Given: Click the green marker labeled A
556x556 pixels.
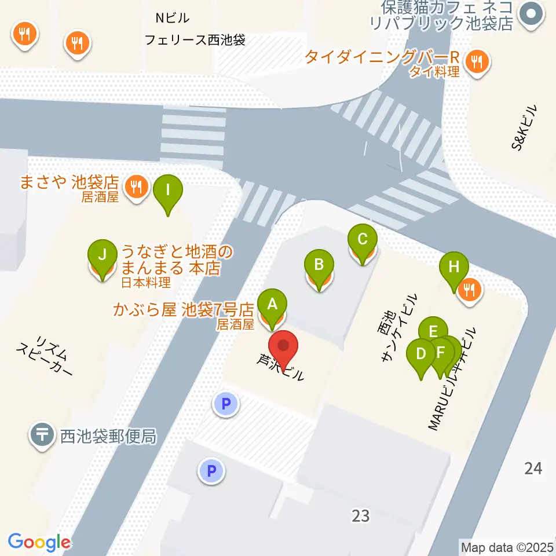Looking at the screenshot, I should tap(272, 303).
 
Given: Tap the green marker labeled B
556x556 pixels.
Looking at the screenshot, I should tap(319, 265).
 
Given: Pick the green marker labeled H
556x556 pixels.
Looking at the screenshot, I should tap(454, 268).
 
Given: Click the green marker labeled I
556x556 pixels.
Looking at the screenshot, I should tap(168, 190).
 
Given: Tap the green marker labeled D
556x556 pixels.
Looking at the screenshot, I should tap(422, 353).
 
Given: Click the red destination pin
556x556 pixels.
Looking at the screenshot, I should tap(284, 348).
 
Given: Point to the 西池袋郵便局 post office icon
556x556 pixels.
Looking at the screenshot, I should tap(42, 436).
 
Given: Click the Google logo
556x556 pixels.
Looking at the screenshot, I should tap(39, 542).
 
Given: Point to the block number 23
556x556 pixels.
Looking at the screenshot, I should tap(360, 515).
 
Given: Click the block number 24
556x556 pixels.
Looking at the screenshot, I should tap(533, 468).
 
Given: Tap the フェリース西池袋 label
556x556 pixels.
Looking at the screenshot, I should tap(195, 41).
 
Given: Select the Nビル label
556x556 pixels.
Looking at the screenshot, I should tap(172, 19).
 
